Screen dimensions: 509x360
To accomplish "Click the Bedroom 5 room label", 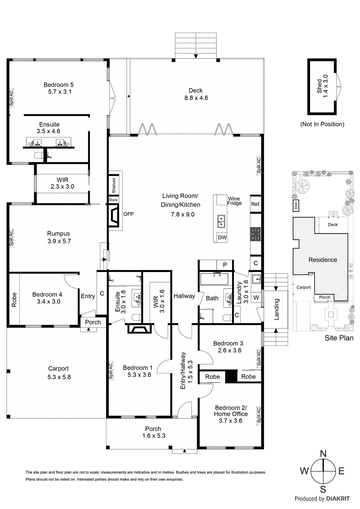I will pyautogui.click(x=59, y=85).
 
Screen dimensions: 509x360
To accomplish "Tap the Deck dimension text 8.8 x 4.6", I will pyautogui.click(x=196, y=98).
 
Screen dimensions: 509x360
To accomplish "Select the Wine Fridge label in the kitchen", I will pyautogui.click(x=234, y=201).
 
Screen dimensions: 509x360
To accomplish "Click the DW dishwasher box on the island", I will pyautogui.click(x=222, y=237).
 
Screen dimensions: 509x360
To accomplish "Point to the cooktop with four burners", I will pyautogui.click(x=256, y=234).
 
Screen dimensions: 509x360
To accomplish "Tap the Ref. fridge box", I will pyautogui.click(x=256, y=204).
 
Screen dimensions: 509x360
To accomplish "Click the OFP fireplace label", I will pyautogui.click(x=128, y=214).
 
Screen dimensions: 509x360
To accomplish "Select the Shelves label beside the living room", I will pyautogui.click(x=114, y=185).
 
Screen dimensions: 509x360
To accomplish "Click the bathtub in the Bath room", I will pyautogui.click(x=214, y=279).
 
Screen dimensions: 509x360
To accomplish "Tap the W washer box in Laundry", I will pyautogui.click(x=256, y=298).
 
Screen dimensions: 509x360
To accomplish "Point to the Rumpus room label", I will pyautogui.click(x=59, y=234).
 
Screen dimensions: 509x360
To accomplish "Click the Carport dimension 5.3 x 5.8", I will pyautogui.click(x=59, y=377).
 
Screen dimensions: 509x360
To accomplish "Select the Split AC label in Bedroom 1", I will pyautogui.click(x=111, y=371).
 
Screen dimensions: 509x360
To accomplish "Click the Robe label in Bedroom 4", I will pyautogui.click(x=14, y=300).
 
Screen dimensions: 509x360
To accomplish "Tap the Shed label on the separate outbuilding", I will pyautogui.click(x=319, y=86).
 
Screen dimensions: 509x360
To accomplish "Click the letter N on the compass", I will pyautogui.click(x=323, y=454).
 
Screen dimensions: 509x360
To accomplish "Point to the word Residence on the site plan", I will pyautogui.click(x=323, y=260).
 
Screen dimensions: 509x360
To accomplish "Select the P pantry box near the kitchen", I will pyautogui.click(x=225, y=265).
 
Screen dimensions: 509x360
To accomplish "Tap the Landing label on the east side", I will pyautogui.click(x=276, y=309).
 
